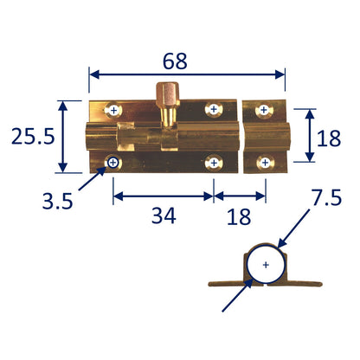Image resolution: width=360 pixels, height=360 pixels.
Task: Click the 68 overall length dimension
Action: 175,61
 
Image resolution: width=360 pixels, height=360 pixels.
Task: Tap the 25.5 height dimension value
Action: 33,137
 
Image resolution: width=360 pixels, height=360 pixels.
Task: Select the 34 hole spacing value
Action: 164,216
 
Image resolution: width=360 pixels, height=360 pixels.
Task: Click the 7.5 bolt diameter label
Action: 327,197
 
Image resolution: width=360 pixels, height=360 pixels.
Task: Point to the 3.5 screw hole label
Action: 57,201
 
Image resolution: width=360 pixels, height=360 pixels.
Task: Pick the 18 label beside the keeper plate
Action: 329,138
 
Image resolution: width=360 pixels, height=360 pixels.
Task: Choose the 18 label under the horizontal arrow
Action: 239,217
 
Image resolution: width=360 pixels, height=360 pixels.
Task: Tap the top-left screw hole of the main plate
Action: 113,110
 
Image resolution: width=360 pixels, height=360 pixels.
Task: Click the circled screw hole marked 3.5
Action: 113,163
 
